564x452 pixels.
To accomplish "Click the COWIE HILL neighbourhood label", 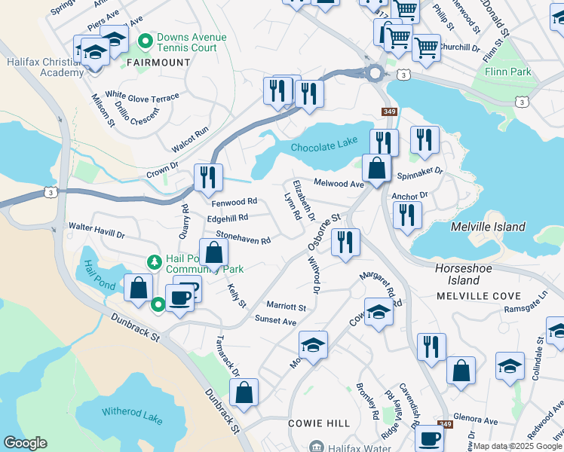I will [317, 424].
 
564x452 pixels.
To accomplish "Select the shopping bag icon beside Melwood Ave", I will [376, 167].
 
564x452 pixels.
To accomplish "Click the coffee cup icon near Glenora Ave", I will [430, 438].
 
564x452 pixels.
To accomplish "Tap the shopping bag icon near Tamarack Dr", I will [244, 392].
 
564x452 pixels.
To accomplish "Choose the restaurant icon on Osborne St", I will [345, 242].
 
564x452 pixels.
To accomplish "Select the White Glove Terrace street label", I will [142, 98].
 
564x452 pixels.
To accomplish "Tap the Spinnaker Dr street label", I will [420, 172].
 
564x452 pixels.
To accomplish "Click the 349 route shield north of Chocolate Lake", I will [389, 112].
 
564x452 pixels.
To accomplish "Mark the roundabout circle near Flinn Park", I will [375, 73].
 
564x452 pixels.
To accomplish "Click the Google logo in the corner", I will [24, 443].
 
